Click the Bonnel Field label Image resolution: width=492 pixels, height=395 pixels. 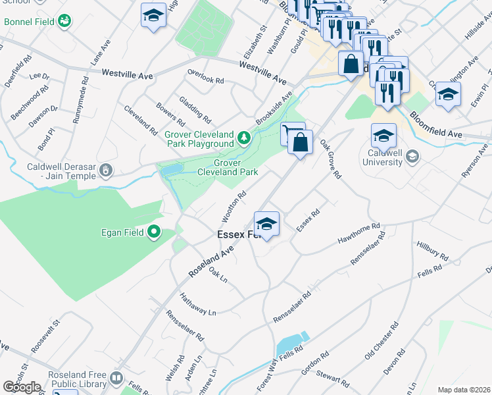(28, 22)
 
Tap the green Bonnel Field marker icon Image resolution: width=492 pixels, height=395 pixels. (64, 22)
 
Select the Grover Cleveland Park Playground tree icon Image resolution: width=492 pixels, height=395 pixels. (245, 137)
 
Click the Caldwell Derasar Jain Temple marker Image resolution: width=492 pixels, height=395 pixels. (106, 171)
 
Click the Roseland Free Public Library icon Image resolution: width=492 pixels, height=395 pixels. (116, 379)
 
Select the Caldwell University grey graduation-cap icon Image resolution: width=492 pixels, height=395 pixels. (412, 157)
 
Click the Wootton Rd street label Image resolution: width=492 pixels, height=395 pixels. (234, 206)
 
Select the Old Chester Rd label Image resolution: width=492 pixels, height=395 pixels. (381, 341)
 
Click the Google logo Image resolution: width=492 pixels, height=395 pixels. (22, 386)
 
